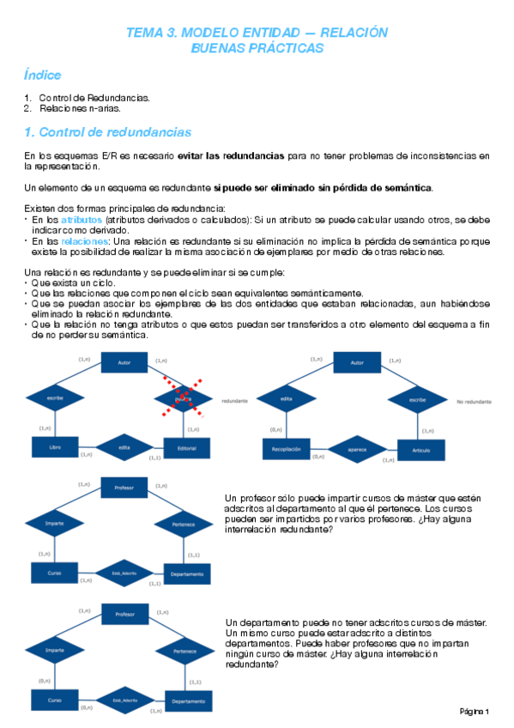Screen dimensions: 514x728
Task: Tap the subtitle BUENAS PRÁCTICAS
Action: pyautogui.click(x=257, y=49)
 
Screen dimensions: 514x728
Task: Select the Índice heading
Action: pyautogui.click(x=43, y=76)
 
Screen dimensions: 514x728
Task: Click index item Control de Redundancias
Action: pyautogui.click(x=94, y=98)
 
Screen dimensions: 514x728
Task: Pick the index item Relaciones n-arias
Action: pyautogui.click(x=79, y=108)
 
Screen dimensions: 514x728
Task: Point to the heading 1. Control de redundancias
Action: pyautogui.click(x=108, y=132)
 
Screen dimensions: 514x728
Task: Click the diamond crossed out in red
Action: pyautogui.click(x=183, y=398)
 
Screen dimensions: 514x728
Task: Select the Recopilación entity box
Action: pyautogui.click(x=288, y=448)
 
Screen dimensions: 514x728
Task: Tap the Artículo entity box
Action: pyautogui.click(x=419, y=448)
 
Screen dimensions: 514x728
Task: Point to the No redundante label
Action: pyautogui.click(x=474, y=402)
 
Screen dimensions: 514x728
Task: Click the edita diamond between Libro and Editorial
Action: pyautogui.click(x=124, y=447)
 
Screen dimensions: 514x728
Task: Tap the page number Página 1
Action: pyautogui.click(x=475, y=712)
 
